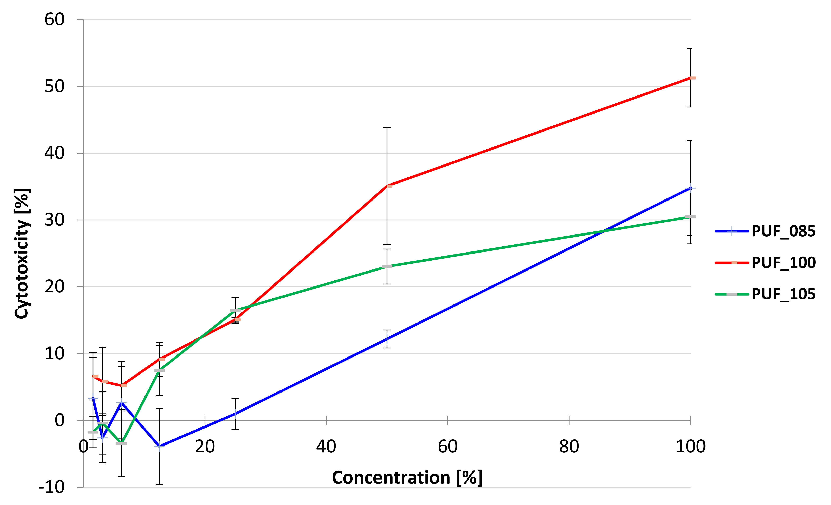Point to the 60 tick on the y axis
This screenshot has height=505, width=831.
click(54, 20)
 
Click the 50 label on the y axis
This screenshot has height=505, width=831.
click(54, 86)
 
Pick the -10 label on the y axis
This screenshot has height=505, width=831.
click(52, 487)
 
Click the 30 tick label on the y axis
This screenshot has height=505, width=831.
click(54, 220)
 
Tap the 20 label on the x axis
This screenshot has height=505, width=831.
click(205, 447)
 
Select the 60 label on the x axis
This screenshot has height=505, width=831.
click(448, 447)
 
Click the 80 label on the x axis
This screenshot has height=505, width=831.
click(569, 447)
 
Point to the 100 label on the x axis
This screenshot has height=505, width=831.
click(690, 447)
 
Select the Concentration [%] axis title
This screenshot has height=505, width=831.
click(407, 478)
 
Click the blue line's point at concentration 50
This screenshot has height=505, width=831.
click(387, 339)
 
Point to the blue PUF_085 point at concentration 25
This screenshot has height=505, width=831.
click(235, 414)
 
